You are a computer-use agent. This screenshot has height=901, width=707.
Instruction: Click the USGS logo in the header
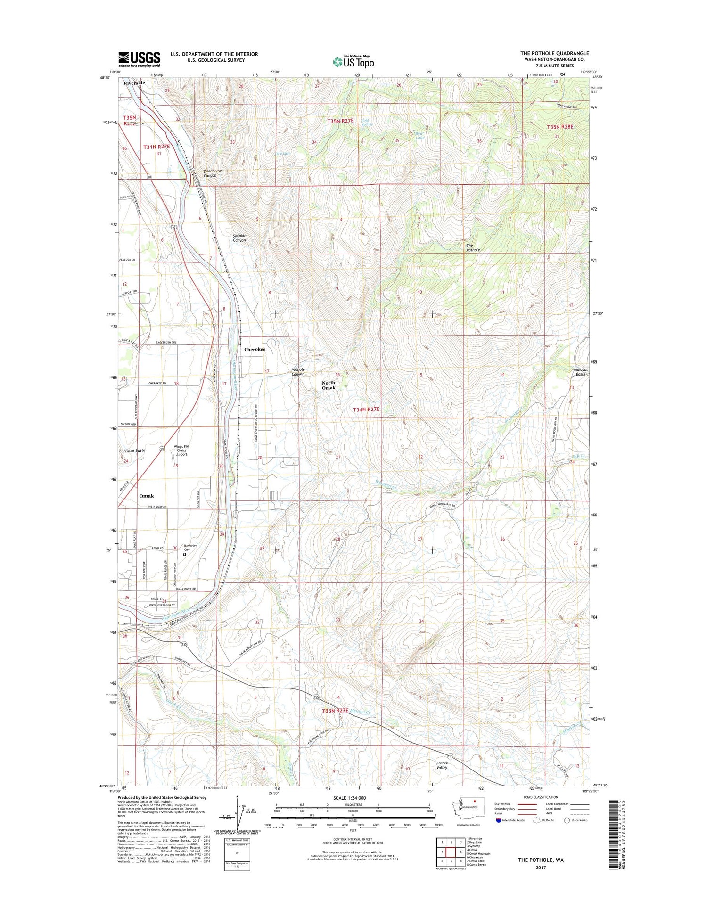[x=139, y=59]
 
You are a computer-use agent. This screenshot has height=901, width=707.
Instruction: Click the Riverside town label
[x=134, y=83]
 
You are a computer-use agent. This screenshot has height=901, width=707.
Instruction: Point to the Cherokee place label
[x=255, y=349]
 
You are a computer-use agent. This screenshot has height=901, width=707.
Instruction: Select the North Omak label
[x=329, y=385]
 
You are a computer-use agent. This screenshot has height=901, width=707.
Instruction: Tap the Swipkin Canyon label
[x=239, y=238]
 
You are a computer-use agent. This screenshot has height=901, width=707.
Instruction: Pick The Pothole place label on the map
[x=472, y=247]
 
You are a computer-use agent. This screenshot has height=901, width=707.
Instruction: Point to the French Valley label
[x=442, y=765]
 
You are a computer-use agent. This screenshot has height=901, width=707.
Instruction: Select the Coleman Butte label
[x=132, y=450]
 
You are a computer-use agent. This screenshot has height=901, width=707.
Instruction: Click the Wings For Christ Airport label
[x=181, y=450]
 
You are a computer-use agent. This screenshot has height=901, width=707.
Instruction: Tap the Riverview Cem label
[x=190, y=548]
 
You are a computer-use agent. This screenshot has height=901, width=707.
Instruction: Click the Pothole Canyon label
[x=298, y=372]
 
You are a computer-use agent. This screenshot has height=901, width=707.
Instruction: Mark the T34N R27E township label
[x=366, y=410]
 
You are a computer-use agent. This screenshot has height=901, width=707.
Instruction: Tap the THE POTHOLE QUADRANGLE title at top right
[x=554, y=53]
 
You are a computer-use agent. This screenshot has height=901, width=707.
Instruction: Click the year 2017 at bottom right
[x=540, y=868]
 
